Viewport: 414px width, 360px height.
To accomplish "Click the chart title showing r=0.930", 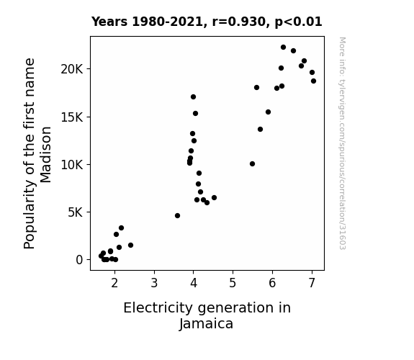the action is [x=207, y=22].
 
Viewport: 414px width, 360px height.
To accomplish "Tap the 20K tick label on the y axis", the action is [x=72, y=69].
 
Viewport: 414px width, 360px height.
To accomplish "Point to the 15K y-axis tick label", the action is [x=72, y=117].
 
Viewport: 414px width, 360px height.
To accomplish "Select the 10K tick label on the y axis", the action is [x=72, y=165].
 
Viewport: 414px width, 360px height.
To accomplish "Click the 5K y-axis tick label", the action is [x=76, y=212].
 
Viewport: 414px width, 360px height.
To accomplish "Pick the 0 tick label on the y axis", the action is [x=79, y=260].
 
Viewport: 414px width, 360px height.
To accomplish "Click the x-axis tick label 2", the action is [x=114, y=283].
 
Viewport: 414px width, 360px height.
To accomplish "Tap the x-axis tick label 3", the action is [x=154, y=283].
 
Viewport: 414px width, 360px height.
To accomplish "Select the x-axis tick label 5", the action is [x=233, y=283].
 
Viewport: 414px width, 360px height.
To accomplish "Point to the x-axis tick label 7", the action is [x=312, y=283].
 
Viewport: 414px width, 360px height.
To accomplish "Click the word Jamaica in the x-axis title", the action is [x=206, y=324].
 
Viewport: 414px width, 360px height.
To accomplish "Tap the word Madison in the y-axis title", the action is [x=45, y=155].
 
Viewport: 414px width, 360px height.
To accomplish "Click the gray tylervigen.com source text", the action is [x=343, y=143].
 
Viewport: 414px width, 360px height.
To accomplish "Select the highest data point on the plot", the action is [x=283, y=48].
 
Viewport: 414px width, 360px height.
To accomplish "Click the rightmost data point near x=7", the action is [x=313, y=81].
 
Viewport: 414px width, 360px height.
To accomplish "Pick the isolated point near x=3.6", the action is [x=177, y=216].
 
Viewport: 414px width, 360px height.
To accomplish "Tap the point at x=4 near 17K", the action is [x=193, y=97].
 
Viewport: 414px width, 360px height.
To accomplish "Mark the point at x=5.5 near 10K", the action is [x=252, y=164].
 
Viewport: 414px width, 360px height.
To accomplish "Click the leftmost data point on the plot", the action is [x=101, y=256].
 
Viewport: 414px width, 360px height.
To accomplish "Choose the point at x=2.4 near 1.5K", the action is [x=131, y=246].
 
